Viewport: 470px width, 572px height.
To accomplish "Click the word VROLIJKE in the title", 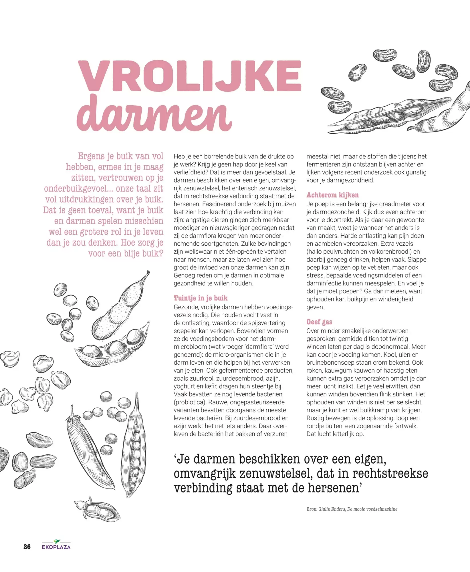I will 190,76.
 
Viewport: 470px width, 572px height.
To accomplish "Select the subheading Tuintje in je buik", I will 201,298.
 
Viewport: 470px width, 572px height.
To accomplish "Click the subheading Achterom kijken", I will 332,195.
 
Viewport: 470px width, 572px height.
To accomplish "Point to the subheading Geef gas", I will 319,322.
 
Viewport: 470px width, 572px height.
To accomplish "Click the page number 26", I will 27,547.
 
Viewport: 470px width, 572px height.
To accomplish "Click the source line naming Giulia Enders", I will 352,509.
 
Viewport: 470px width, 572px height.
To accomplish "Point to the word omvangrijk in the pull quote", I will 204,474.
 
